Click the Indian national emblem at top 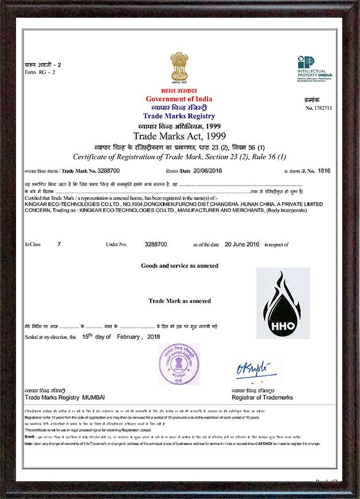pos(179,68)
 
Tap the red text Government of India pos(179,99)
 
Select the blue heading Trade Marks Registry pos(179,116)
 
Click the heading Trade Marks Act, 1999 pos(179,136)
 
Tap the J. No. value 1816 pos(324,171)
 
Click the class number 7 pos(58,244)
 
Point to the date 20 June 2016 pos(242,244)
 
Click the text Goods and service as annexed pos(179,266)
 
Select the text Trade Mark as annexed pos(179,301)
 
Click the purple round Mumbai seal pos(179,364)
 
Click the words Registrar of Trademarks pos(262,398)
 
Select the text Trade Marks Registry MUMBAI pos(65,398)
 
